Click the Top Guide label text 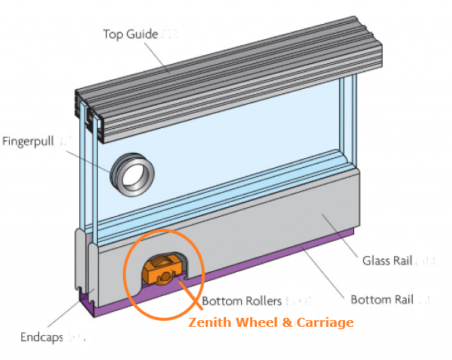coord(130,34)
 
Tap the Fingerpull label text coord(29,142)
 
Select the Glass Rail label coord(385,261)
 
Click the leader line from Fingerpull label coord(90,155)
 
